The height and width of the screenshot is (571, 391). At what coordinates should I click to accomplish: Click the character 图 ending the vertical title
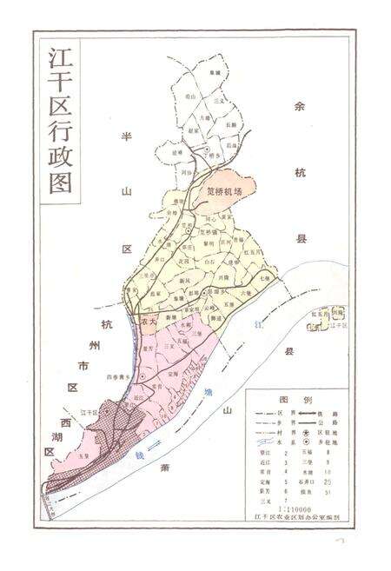62,185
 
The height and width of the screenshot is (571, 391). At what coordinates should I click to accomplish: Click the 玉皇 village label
83,455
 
